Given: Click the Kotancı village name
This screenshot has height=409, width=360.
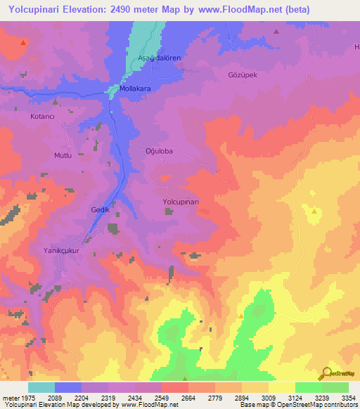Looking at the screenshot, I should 44,116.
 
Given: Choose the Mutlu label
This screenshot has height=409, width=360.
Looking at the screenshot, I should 63,155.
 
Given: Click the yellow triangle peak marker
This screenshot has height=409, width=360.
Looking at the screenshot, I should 314,211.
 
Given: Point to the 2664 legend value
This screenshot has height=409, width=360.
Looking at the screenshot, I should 186,398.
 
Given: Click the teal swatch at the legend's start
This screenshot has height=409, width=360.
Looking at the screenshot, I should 41,387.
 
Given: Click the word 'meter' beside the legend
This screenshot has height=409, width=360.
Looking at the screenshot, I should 8,398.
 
